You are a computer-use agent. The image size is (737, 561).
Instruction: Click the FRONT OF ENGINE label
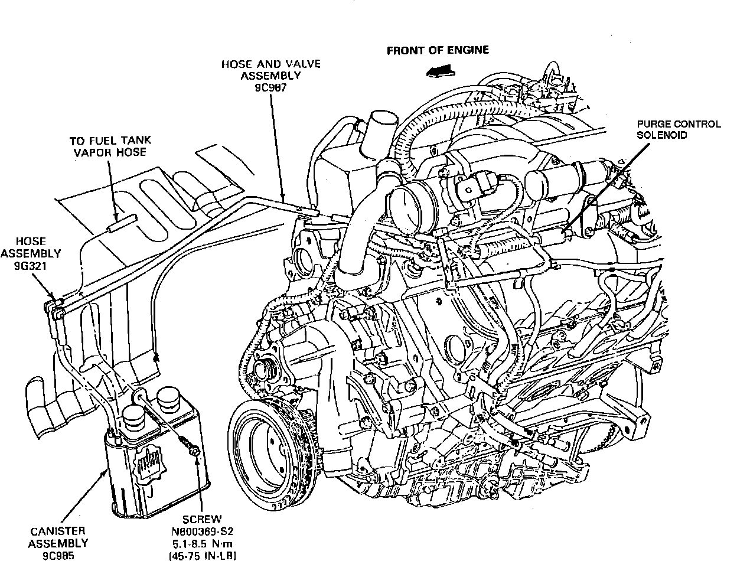[438, 50]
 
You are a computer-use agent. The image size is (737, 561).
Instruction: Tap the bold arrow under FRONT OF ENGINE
[438, 71]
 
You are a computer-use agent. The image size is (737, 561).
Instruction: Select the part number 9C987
[271, 87]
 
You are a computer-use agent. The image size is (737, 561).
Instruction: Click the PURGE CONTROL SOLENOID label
[679, 129]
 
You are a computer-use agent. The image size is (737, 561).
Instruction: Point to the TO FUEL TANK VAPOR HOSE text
[110, 146]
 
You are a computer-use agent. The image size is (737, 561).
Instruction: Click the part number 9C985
[57, 555]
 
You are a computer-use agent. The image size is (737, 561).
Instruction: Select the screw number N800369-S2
[201, 531]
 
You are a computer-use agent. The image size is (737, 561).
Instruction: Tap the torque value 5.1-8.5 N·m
[201, 543]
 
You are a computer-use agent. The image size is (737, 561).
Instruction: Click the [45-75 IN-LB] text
[201, 555]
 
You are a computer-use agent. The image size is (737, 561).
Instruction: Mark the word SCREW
[201, 520]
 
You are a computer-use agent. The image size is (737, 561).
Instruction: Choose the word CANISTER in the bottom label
[57, 531]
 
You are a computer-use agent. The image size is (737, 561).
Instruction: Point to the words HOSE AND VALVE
[271, 64]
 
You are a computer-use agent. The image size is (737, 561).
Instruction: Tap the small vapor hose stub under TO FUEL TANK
[121, 223]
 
